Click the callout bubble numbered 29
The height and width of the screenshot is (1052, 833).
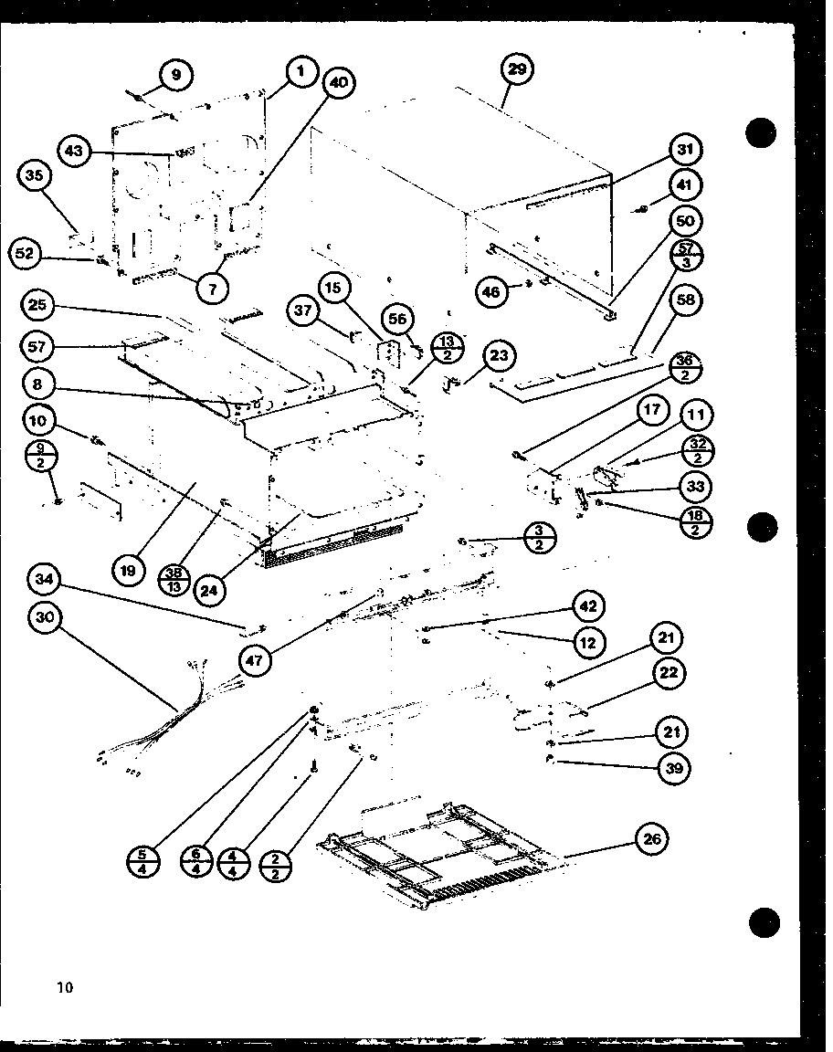tap(518, 70)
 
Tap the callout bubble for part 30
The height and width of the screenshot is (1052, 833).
tap(45, 617)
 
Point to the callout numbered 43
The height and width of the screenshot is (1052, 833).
tap(77, 151)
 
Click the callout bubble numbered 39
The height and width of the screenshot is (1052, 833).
tap(674, 768)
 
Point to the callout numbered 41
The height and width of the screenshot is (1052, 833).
tap(685, 185)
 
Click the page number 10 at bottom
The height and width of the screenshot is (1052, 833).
tap(64, 986)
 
